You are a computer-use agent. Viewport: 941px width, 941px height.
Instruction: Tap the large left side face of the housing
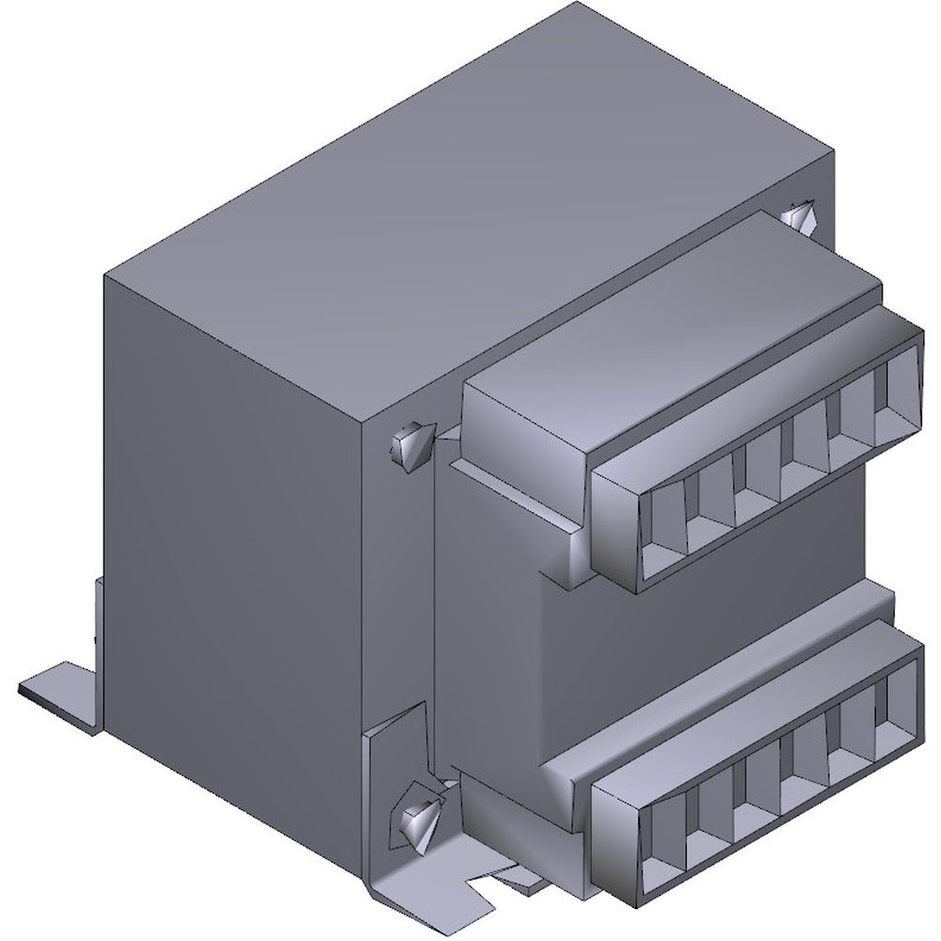coord(235,527)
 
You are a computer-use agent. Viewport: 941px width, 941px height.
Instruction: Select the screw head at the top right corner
coord(800,219)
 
